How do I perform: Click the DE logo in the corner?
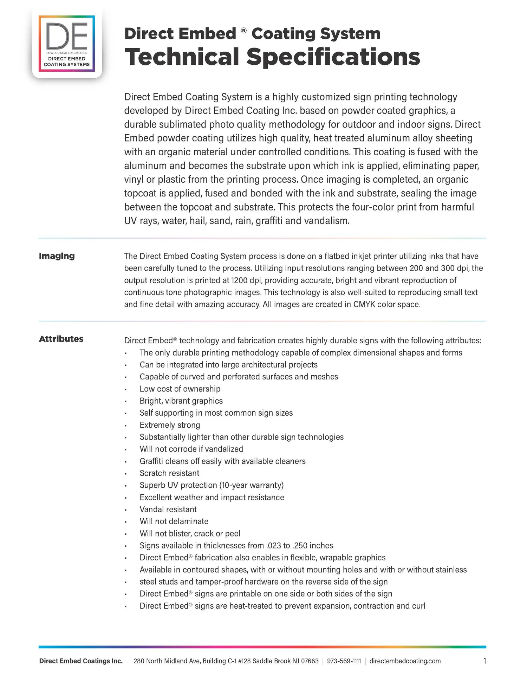click(67, 43)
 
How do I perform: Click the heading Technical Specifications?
click(272, 57)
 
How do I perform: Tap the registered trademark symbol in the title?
click(244, 31)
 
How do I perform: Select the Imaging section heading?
click(57, 256)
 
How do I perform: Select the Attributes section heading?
click(61, 339)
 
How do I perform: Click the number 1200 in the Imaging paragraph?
click(239, 280)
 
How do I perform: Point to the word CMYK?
click(364, 304)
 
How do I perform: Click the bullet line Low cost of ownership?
click(180, 389)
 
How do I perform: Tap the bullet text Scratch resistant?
click(169, 473)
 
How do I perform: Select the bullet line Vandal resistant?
click(168, 509)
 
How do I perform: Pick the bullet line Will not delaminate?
click(174, 521)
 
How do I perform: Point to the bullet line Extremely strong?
click(170, 425)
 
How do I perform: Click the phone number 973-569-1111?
click(344, 661)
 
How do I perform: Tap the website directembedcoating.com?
click(405, 661)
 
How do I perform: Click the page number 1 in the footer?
click(484, 661)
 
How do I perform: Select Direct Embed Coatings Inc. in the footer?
click(81, 661)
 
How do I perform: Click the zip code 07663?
click(310, 661)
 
